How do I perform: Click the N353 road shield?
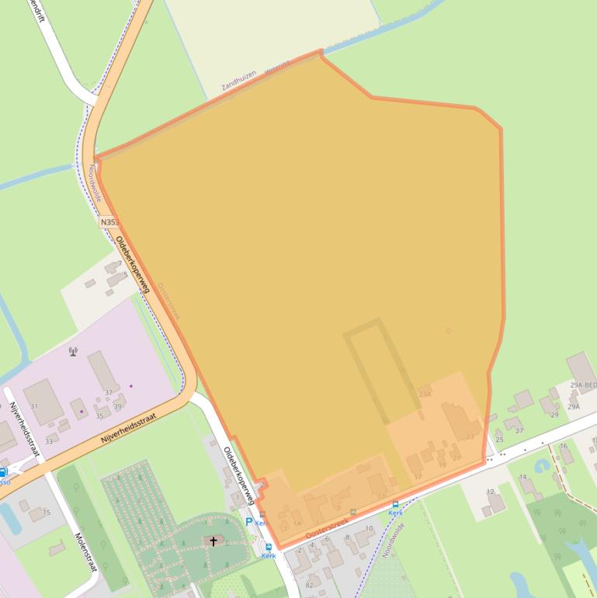pyautogui.click(x=109, y=222)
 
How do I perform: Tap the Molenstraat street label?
pyautogui.click(x=85, y=551)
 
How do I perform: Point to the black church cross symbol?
pyautogui.click(x=213, y=541)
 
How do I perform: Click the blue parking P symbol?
pyautogui.click(x=249, y=522)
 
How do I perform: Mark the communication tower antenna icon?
pyautogui.click(x=74, y=351)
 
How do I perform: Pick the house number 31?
pyautogui.click(x=34, y=406)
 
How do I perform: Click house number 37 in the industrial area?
pyautogui.click(x=109, y=393)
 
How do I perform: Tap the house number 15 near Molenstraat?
pyautogui.click(x=47, y=513)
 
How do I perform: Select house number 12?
pyautogui.click(x=491, y=492)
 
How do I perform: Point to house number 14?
pyautogui.click(x=523, y=477)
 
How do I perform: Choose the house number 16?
pyautogui.click(x=564, y=446)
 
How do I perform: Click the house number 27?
pyautogui.click(x=519, y=429)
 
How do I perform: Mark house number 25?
pyautogui.click(x=500, y=440)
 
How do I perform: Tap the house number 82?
pyautogui.click(x=309, y=585)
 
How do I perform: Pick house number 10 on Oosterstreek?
pyautogui.click(x=369, y=528)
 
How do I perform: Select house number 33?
pyautogui.click(x=49, y=441)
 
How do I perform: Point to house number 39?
pyautogui.click(x=118, y=406)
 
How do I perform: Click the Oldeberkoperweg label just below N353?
pyautogui.click(x=132, y=264)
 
